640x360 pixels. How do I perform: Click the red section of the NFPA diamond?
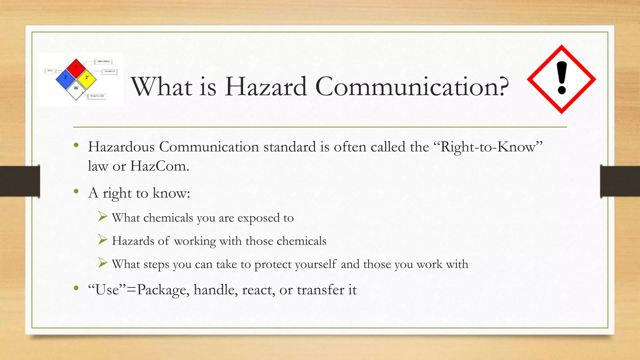tap(76, 67)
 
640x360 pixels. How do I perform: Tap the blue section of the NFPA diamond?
tap(65, 78)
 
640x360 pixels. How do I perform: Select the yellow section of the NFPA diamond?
tap(87, 78)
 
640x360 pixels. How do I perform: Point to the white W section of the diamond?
tap(76, 89)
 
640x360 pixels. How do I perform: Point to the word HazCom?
tap(159, 166)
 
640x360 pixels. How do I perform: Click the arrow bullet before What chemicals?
tap(102, 216)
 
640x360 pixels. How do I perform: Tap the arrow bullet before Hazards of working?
tap(102, 240)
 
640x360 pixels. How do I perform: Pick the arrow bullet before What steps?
tap(102, 263)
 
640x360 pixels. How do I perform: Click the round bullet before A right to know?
tap(76, 191)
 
